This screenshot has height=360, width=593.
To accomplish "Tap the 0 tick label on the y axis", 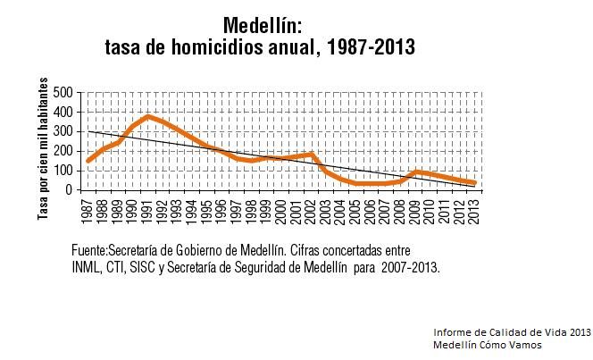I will pyautogui.click(x=67, y=189).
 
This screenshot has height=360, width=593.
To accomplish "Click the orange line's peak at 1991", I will pyautogui.click(x=148, y=116).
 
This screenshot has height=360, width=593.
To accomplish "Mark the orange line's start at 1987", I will pyautogui.click(x=88, y=161).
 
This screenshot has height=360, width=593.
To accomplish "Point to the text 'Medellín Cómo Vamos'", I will pyautogui.click(x=489, y=344).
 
